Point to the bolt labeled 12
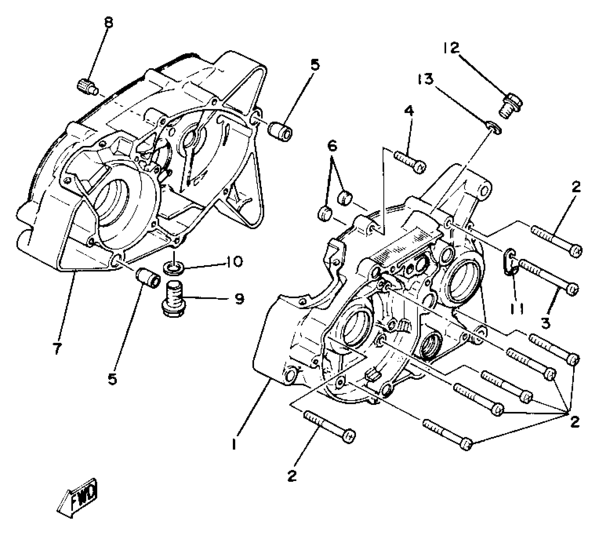coord(510,104)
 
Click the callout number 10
coord(234,262)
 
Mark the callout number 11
coord(517,308)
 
